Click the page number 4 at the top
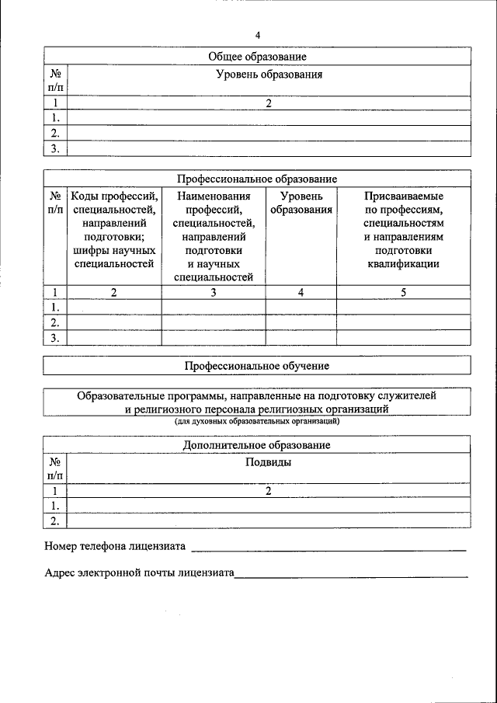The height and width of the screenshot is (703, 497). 257,35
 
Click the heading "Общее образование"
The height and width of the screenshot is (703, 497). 257,57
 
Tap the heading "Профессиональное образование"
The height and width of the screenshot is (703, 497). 257,179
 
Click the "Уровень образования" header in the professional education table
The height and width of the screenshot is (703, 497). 301,204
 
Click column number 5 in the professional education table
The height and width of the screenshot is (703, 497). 403,293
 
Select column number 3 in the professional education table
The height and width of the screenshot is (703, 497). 214,293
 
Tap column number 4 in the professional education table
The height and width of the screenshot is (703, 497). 301,293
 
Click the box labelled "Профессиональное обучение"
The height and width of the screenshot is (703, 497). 257,365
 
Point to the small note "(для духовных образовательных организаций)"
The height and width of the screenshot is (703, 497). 257,422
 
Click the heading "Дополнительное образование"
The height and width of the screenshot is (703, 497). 257,445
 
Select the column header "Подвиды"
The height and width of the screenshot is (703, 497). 268,462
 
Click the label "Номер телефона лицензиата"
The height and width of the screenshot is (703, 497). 115,546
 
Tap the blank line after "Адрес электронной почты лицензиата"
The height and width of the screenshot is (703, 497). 351,576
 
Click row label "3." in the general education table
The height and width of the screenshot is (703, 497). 55,148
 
